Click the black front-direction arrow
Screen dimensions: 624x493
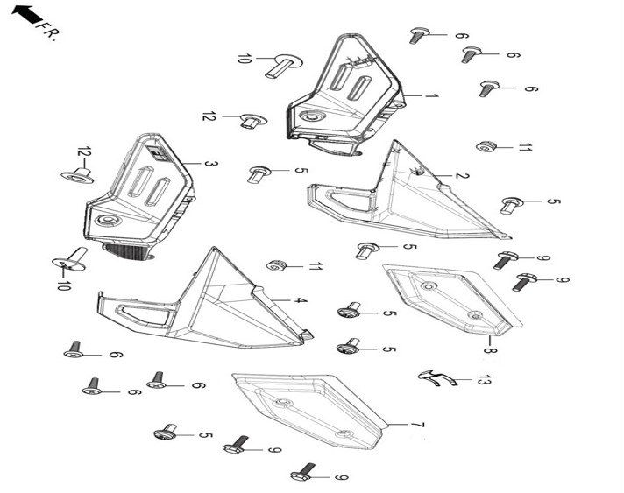tap(26, 15)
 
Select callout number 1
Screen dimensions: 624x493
tap(431, 96)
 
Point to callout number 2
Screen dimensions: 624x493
tap(462, 175)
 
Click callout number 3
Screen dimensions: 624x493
tap(211, 164)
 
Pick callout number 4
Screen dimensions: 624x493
tap(301, 300)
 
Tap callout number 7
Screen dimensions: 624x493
tap(417, 425)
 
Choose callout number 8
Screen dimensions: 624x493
tap(490, 350)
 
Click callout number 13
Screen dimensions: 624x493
tap(484, 380)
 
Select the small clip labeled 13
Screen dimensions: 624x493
tap(436, 377)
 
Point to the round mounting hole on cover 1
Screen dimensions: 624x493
tap(311, 116)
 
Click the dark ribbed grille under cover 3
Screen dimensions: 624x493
tap(126, 251)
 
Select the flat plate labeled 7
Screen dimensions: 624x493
tap(310, 409)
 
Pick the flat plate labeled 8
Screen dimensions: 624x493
tap(451, 299)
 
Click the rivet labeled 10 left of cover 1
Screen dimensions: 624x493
tap(283, 66)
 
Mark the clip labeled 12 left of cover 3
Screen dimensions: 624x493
tap(78, 176)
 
